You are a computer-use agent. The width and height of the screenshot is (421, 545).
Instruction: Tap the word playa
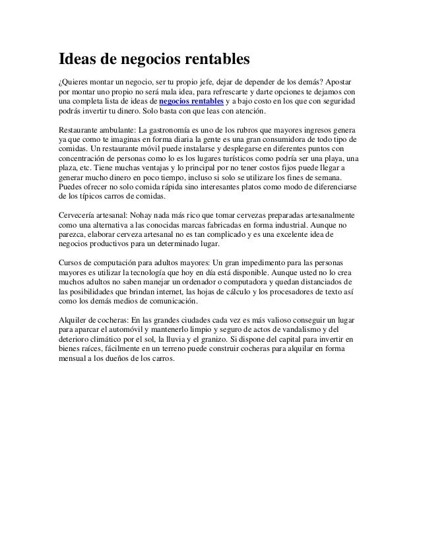click(337, 159)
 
